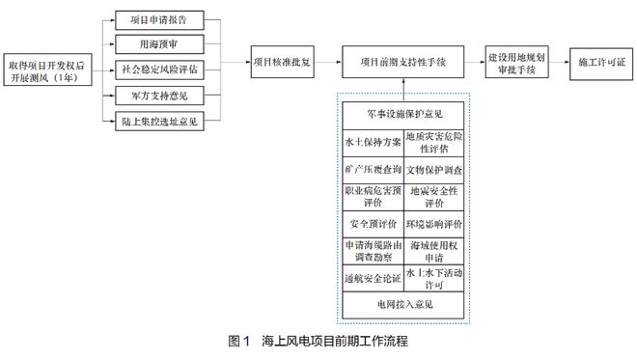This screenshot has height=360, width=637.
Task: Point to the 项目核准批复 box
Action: (282, 61)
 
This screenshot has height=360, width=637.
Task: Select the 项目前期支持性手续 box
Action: (402, 61)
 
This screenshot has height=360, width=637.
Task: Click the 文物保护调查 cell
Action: (434, 168)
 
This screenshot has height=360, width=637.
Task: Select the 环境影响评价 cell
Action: (434, 223)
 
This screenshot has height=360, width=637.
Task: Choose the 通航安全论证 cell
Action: (372, 278)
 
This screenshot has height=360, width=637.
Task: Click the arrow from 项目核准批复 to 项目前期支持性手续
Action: (328, 61)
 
